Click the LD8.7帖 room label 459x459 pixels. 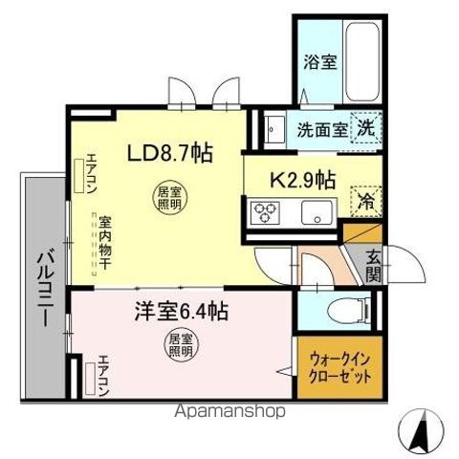tap(171, 152)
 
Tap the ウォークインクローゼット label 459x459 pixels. tap(339, 367)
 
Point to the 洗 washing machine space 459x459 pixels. tap(365, 125)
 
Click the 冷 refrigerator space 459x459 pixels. tap(364, 201)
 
